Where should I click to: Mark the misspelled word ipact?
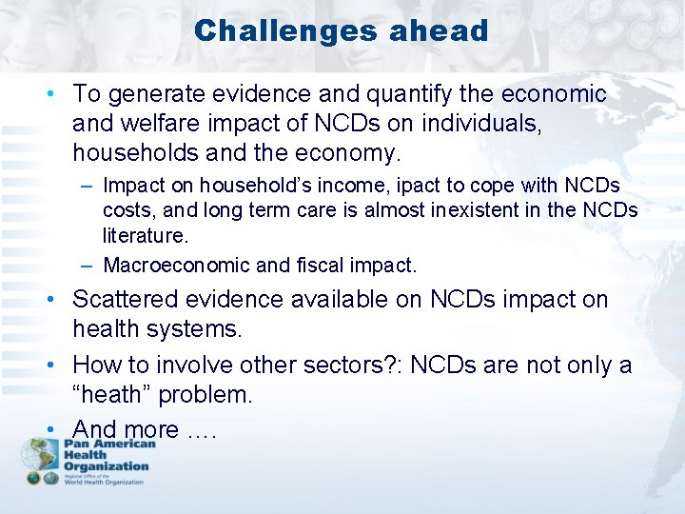click(x=394, y=185)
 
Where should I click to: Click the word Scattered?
click(x=126, y=299)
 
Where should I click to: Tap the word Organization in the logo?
click(x=107, y=466)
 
